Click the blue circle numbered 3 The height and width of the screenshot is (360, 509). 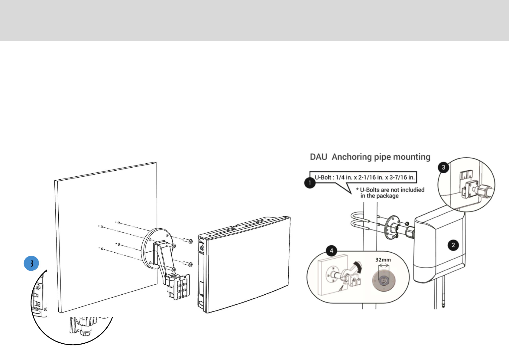click(31, 263)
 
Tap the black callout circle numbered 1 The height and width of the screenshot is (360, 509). click(310, 183)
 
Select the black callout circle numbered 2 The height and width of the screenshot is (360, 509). click(453, 245)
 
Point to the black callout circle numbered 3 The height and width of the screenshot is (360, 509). click(443, 167)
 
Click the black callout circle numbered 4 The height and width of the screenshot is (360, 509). click(332, 250)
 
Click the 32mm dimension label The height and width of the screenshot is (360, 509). click(383, 260)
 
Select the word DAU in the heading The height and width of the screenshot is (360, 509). click(319, 157)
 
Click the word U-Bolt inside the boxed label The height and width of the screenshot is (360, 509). click(323, 178)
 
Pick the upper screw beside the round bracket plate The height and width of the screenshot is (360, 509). click(188, 241)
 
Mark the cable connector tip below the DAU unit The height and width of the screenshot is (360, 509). click(443, 306)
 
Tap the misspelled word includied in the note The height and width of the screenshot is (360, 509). click(412, 190)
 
